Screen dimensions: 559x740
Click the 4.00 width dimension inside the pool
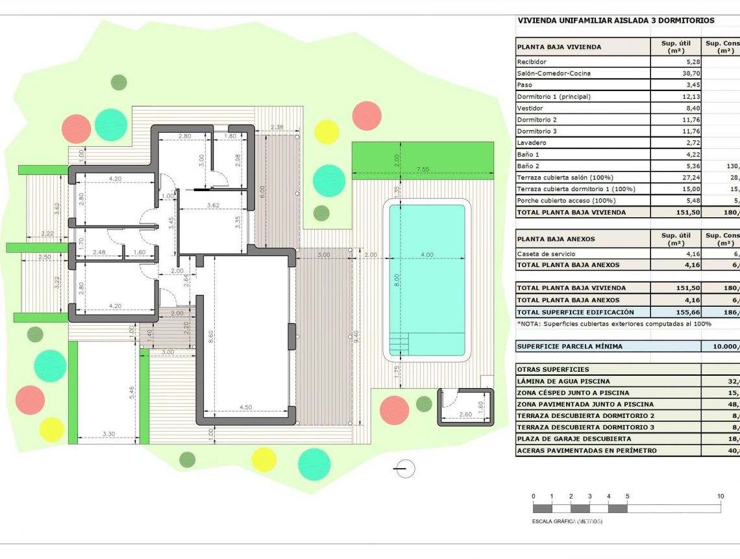click(x=426, y=255)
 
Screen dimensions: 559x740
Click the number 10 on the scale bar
click(x=721, y=497)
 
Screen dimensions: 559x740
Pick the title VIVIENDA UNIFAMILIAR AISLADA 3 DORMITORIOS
click(x=615, y=21)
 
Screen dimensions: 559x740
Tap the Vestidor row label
click(x=530, y=109)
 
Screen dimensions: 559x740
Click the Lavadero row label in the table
click(x=531, y=143)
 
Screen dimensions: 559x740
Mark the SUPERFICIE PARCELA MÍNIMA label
click(x=569, y=346)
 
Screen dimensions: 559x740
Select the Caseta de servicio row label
click(x=546, y=254)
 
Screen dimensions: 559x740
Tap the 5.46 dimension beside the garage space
click(x=132, y=393)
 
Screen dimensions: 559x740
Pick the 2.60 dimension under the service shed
click(x=465, y=414)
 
